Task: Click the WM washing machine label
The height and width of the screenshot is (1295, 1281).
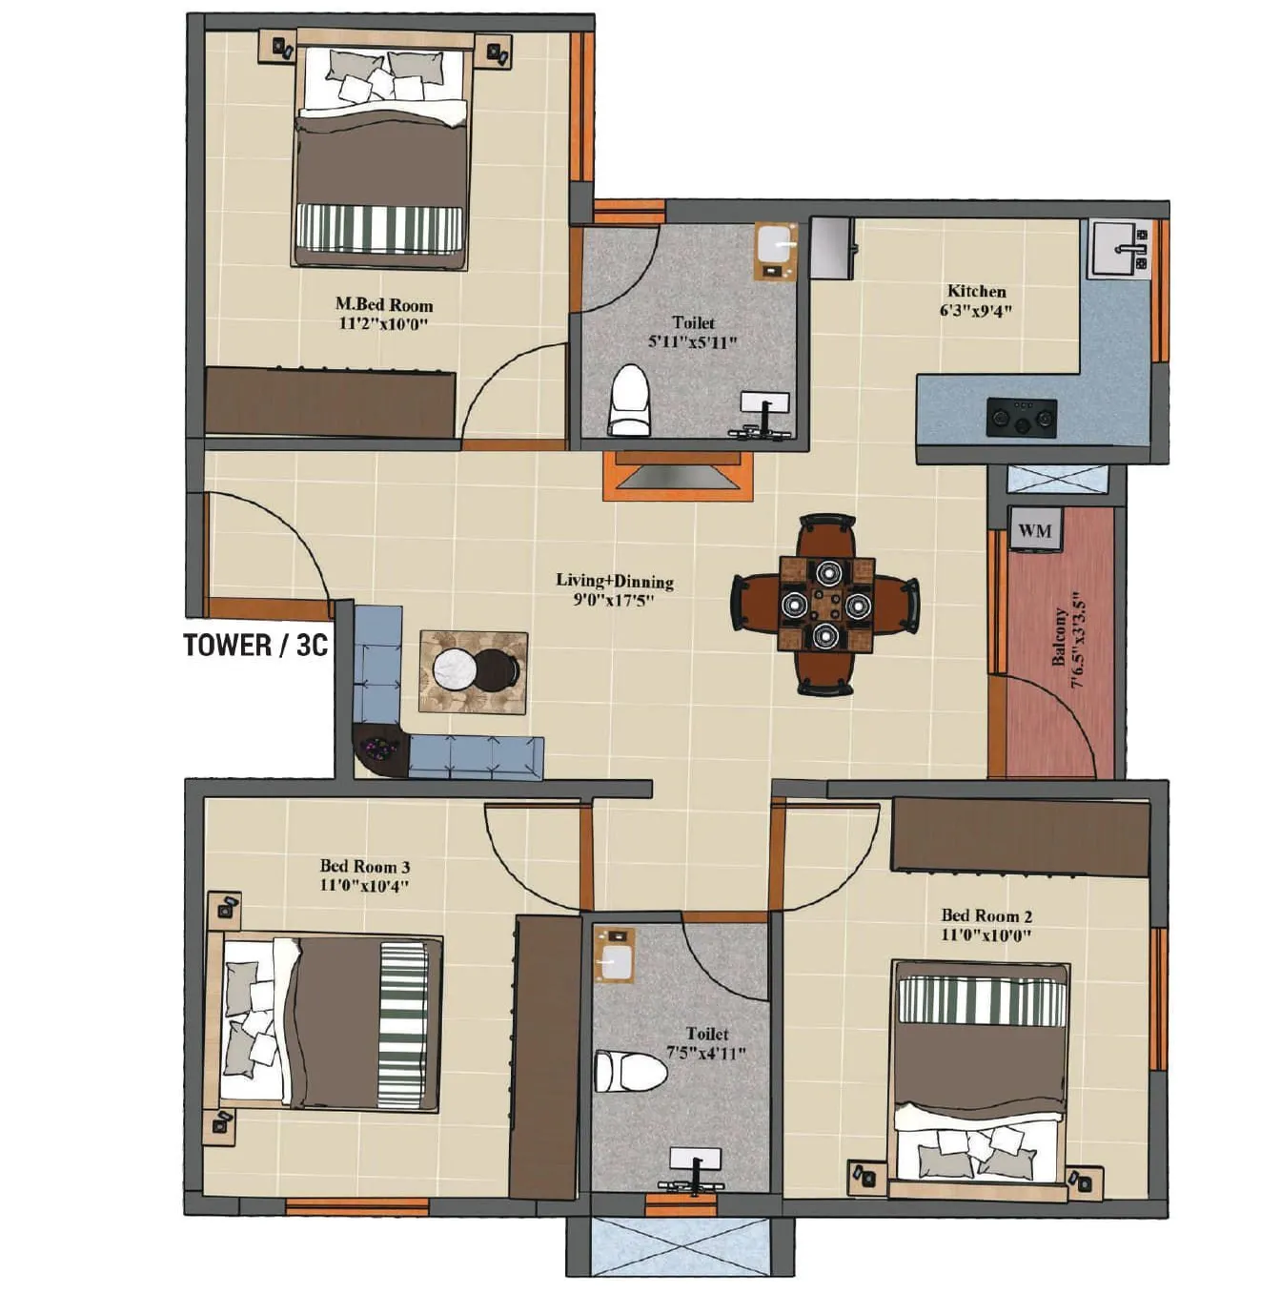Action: click(x=1035, y=530)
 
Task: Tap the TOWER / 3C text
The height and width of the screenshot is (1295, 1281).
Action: click(x=255, y=645)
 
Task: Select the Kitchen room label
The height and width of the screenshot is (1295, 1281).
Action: click(x=976, y=291)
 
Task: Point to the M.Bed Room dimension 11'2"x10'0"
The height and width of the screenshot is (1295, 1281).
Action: click(x=383, y=324)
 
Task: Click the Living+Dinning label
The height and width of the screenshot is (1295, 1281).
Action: click(x=615, y=581)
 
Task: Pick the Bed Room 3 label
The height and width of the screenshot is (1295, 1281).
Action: click(x=364, y=866)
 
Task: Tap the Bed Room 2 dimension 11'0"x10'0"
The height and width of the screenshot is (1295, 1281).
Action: click(x=986, y=935)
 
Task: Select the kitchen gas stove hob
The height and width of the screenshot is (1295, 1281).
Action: click(x=1021, y=416)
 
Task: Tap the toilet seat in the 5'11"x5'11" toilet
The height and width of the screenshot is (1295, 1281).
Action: click(x=628, y=401)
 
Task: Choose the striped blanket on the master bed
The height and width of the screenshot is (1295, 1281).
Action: click(x=379, y=228)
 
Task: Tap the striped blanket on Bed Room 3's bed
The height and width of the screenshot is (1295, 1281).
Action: click(x=400, y=1024)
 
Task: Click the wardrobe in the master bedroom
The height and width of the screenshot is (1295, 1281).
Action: click(x=330, y=403)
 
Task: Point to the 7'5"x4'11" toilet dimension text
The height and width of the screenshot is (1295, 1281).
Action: click(x=706, y=1053)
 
